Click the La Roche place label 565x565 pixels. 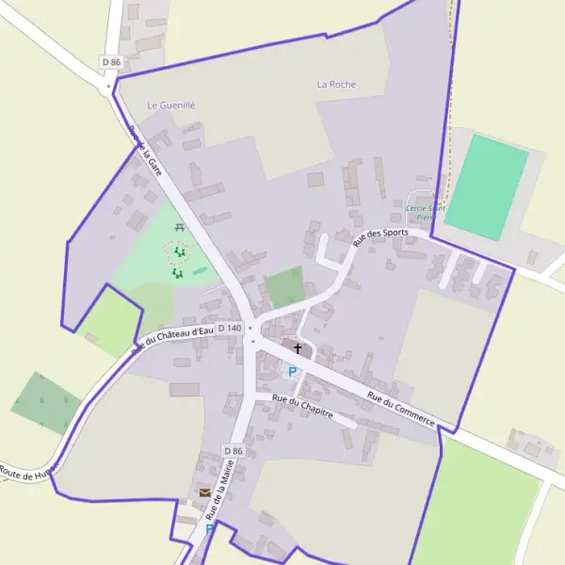(x=336, y=84)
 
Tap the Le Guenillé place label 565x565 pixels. (x=171, y=105)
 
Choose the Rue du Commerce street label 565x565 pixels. (x=400, y=409)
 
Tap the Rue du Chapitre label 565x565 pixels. (x=302, y=411)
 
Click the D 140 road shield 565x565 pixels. (x=230, y=328)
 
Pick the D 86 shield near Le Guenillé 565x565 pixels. (x=111, y=62)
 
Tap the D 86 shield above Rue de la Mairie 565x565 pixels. (x=234, y=451)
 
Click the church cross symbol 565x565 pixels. (x=299, y=348)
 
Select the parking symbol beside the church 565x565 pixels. (x=292, y=371)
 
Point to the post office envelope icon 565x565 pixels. (x=204, y=492)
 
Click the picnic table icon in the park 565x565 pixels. (x=179, y=227)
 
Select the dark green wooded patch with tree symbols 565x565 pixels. (x=44, y=402)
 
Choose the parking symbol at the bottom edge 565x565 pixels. (x=209, y=529)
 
